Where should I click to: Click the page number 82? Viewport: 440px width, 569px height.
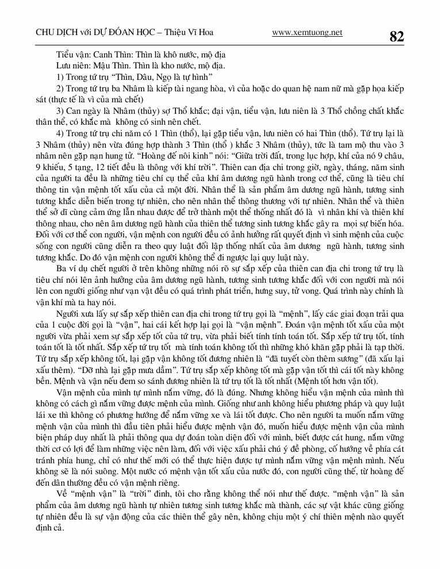396,36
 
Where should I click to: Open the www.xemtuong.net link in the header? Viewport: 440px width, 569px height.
307,33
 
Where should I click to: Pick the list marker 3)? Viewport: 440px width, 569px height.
62,110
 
